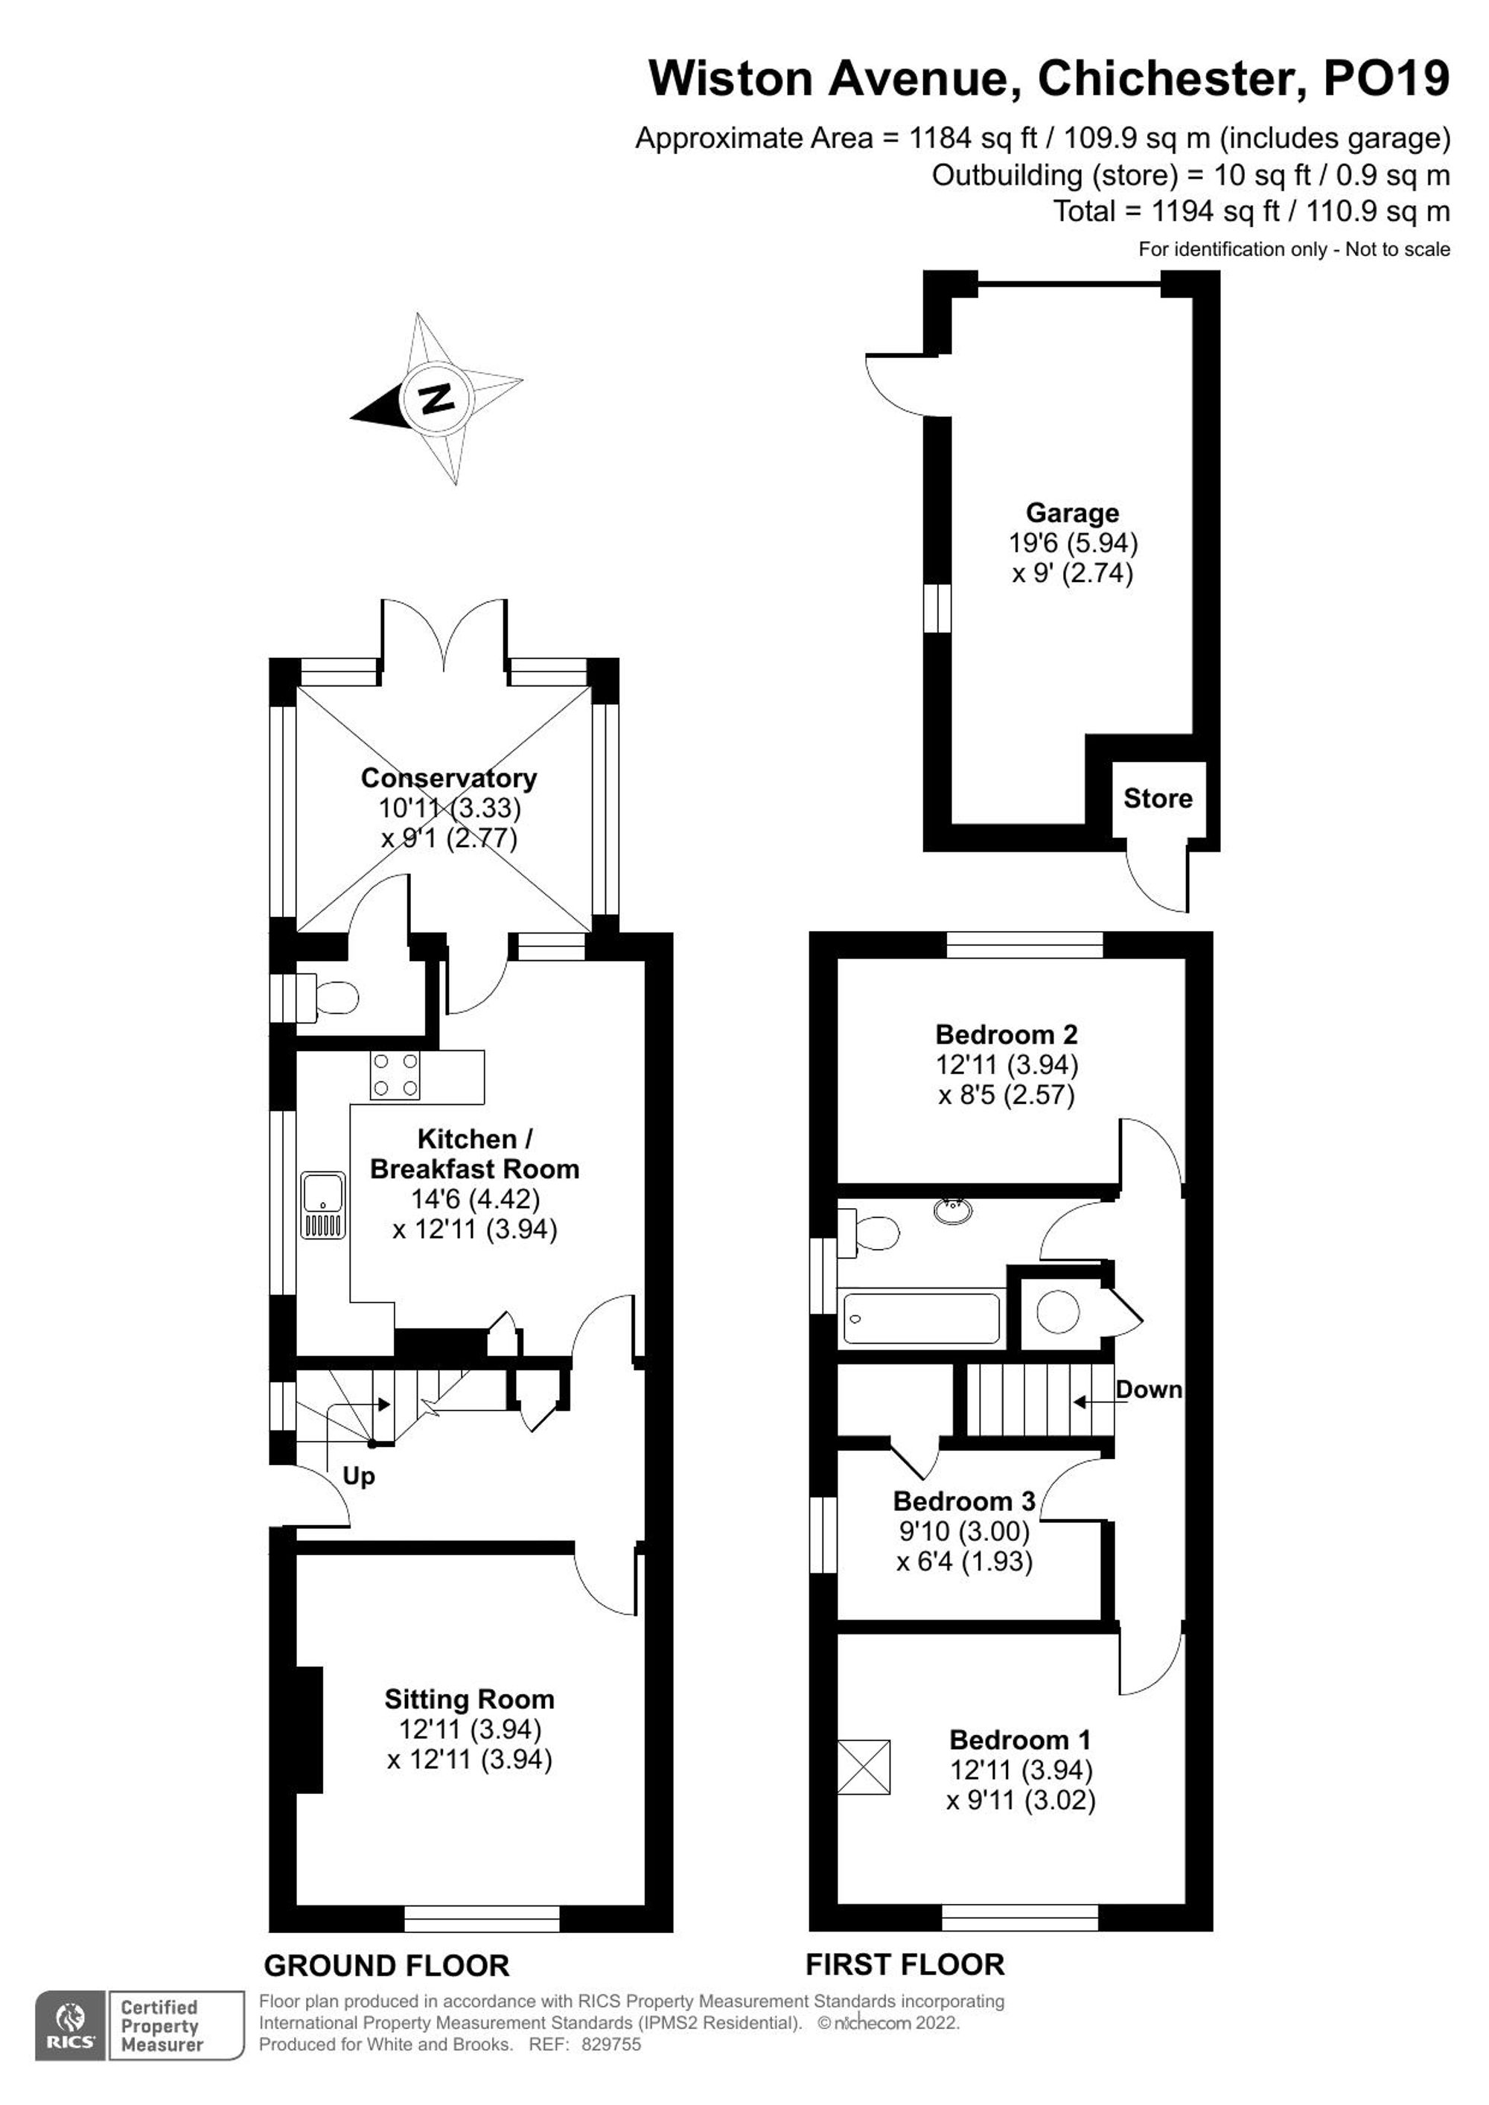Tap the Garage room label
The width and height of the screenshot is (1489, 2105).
[1072, 513]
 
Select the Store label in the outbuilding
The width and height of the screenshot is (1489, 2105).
[1157, 799]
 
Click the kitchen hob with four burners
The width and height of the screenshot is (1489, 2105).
[395, 1076]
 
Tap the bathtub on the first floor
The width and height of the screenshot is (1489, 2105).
[922, 1318]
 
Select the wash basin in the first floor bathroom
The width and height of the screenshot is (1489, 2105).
[954, 1210]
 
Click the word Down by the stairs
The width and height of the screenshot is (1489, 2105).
[1148, 1390]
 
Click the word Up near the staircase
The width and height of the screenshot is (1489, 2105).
[359, 1476]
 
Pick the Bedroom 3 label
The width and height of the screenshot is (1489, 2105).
[963, 1501]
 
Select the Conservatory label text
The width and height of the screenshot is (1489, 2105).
[448, 777]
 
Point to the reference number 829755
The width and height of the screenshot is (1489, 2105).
[610, 2045]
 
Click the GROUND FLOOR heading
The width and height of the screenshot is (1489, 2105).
[386, 1965]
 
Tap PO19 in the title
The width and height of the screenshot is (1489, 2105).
[1386, 78]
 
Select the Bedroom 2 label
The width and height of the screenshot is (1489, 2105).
[1006, 1034]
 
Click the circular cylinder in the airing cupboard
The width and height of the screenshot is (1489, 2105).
[1058, 1312]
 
